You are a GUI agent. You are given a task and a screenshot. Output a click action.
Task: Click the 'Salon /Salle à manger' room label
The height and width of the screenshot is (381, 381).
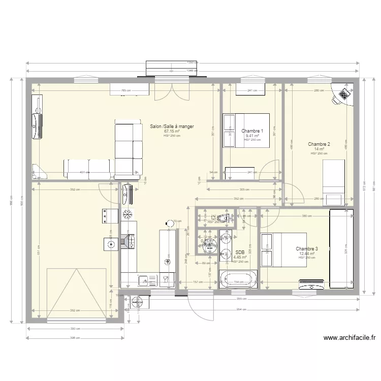[172, 126]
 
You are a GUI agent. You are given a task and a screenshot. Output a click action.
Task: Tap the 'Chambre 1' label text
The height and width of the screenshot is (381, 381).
[252, 131]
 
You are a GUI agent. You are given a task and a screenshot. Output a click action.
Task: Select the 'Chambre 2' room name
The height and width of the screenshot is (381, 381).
[319, 144]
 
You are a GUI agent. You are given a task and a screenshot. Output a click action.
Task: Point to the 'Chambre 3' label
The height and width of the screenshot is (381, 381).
[307, 249]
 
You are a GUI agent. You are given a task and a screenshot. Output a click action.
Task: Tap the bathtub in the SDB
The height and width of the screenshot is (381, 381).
[238, 280]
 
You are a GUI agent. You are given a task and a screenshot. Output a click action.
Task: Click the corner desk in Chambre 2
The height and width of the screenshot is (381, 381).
[343, 95]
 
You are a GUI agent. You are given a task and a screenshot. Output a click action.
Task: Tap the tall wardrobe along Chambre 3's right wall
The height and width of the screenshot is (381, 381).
[341, 248]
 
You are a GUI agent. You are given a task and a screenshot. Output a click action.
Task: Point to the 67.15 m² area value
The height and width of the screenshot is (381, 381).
[172, 131]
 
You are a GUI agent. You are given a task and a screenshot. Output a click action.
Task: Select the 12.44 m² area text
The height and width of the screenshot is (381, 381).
[307, 253]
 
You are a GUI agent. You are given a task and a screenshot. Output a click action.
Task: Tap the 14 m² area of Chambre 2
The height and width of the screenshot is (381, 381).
[319, 149]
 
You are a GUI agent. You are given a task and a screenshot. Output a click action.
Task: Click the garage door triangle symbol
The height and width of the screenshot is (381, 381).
[77, 295]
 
